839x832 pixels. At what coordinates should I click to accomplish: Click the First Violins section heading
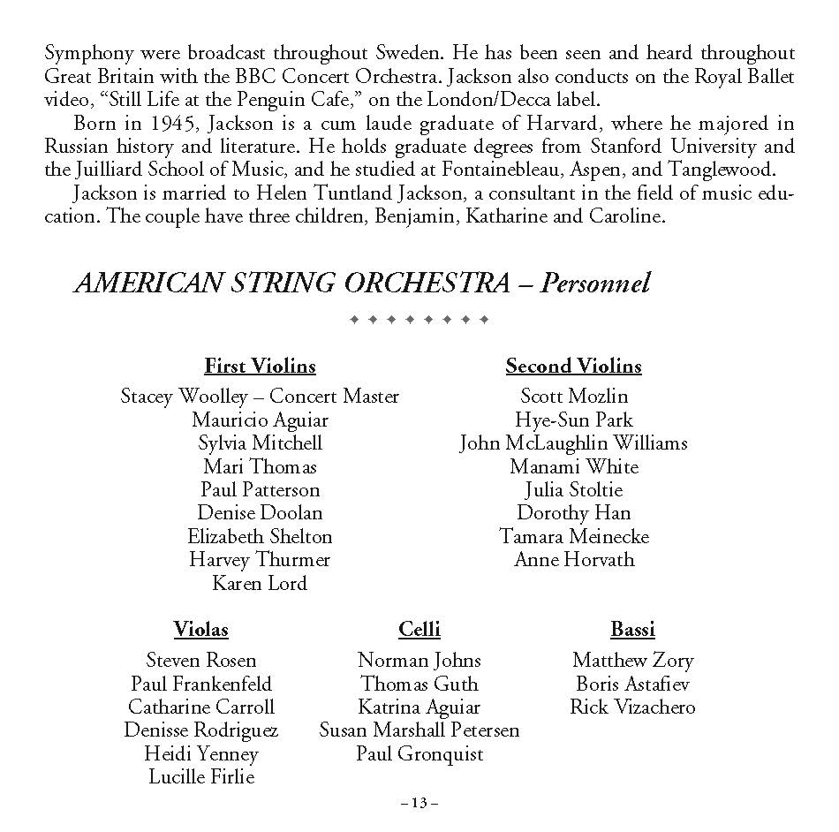click(260, 366)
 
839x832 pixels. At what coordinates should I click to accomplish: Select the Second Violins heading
click(573, 366)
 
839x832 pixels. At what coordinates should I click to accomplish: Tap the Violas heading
click(200, 630)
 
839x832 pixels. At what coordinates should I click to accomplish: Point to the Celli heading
click(419, 630)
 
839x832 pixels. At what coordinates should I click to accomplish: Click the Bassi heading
click(632, 630)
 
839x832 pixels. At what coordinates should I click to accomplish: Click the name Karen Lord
click(260, 583)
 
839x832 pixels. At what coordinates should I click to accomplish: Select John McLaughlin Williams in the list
click(573, 443)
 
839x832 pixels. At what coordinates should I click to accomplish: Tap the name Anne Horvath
click(574, 560)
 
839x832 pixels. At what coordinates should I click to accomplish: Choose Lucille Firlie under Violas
click(201, 777)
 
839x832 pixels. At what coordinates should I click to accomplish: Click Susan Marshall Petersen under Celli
click(419, 730)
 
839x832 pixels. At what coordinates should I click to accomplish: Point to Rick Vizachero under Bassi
click(632, 707)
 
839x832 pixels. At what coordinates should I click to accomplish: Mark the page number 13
click(419, 803)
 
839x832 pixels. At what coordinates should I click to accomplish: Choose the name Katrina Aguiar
click(419, 707)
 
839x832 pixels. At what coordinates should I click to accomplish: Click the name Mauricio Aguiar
click(260, 420)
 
